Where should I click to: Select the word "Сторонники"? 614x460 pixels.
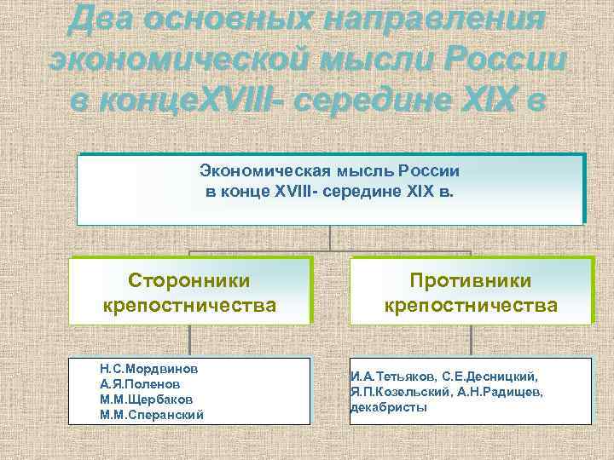188,281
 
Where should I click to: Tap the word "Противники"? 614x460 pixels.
471,281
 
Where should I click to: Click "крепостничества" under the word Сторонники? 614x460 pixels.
188,305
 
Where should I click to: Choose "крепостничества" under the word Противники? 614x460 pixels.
471,305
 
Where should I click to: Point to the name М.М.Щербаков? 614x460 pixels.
146,400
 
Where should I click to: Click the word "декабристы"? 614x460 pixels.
389,407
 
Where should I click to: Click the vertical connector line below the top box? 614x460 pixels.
329,238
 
